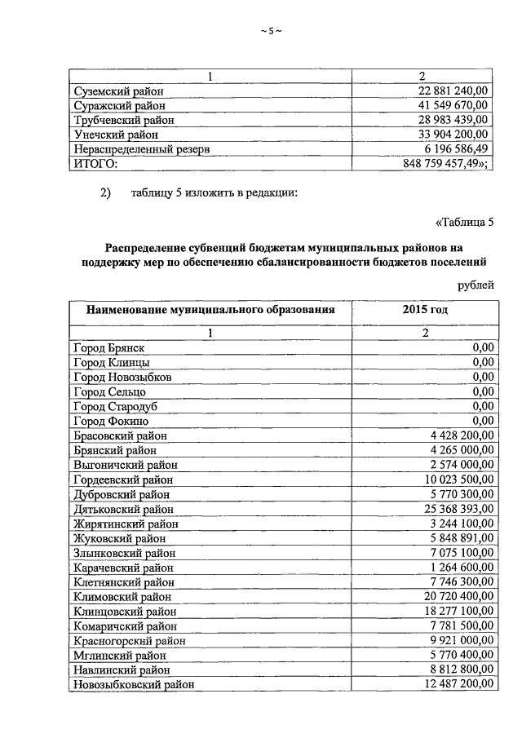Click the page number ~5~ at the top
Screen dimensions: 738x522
(270, 31)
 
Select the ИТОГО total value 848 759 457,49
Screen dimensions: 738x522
(445, 163)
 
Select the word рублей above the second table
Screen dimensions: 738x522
(476, 284)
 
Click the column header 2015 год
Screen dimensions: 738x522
(424, 310)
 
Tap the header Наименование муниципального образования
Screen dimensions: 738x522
(207, 310)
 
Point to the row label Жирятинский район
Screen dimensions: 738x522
(125, 524)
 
